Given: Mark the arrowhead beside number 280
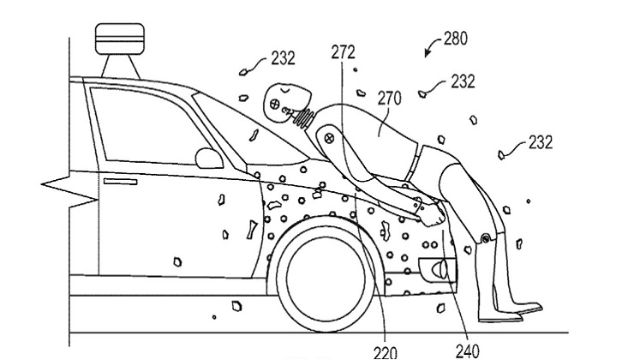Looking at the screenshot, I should click(x=429, y=54).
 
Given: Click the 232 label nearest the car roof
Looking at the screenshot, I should click(x=282, y=58).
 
